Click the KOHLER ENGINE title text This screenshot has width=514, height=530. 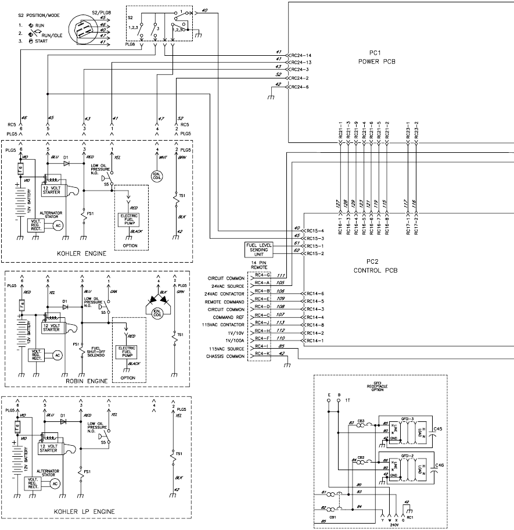pos(97,255)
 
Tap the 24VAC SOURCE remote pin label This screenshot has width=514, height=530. pos(228,286)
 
